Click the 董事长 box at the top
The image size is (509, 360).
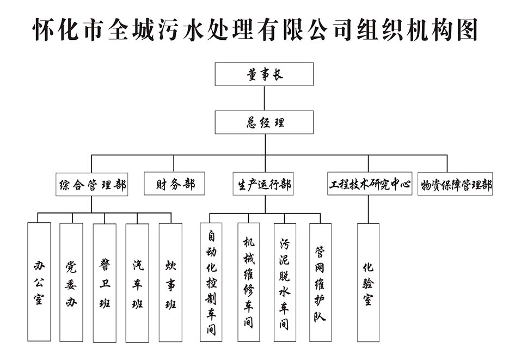264,74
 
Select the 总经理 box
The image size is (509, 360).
264,122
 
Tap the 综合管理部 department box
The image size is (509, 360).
92,184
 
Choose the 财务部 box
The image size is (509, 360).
174,184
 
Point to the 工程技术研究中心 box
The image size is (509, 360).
369,184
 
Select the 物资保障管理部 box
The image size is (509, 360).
455,184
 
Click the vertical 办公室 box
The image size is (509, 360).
39,282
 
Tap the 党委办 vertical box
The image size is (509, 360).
71,282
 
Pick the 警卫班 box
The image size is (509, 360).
105,282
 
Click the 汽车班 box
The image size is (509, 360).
137,282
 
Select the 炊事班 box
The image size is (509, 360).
170,282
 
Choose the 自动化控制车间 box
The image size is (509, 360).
211,282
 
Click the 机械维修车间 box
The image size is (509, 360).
248,282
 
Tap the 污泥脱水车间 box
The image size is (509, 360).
285,282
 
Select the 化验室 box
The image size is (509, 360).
368,282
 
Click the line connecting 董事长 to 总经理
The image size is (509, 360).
264,98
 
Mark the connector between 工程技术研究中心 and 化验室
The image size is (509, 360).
368,209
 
